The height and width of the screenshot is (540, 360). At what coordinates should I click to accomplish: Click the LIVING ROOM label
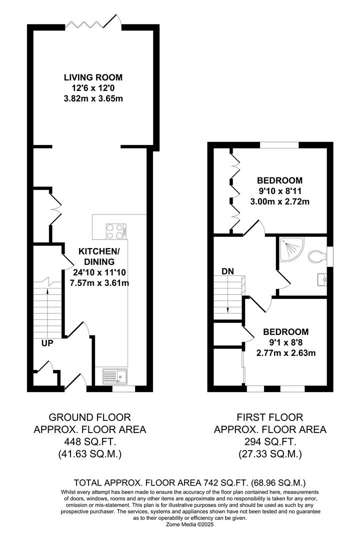tap(93, 77)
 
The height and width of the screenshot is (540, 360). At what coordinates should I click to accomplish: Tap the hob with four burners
tap(116, 231)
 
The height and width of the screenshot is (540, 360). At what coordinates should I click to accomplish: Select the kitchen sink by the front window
tap(115, 376)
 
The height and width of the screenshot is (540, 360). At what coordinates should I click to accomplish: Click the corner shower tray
tap(291, 248)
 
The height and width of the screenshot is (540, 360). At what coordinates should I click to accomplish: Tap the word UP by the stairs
tap(47, 343)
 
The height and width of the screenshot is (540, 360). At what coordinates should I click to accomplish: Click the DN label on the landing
tap(227, 271)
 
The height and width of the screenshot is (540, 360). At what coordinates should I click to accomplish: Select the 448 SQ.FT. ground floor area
tap(90, 441)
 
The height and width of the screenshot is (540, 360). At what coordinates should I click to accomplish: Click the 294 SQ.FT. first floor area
tap(270, 441)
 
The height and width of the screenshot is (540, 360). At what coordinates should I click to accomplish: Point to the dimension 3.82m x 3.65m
tap(93, 99)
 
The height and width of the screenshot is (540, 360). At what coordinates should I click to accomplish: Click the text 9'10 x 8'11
tap(279, 191)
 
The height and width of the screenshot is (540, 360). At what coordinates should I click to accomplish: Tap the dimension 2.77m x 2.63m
tap(286, 353)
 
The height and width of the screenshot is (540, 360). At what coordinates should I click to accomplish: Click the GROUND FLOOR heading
tap(90, 417)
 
